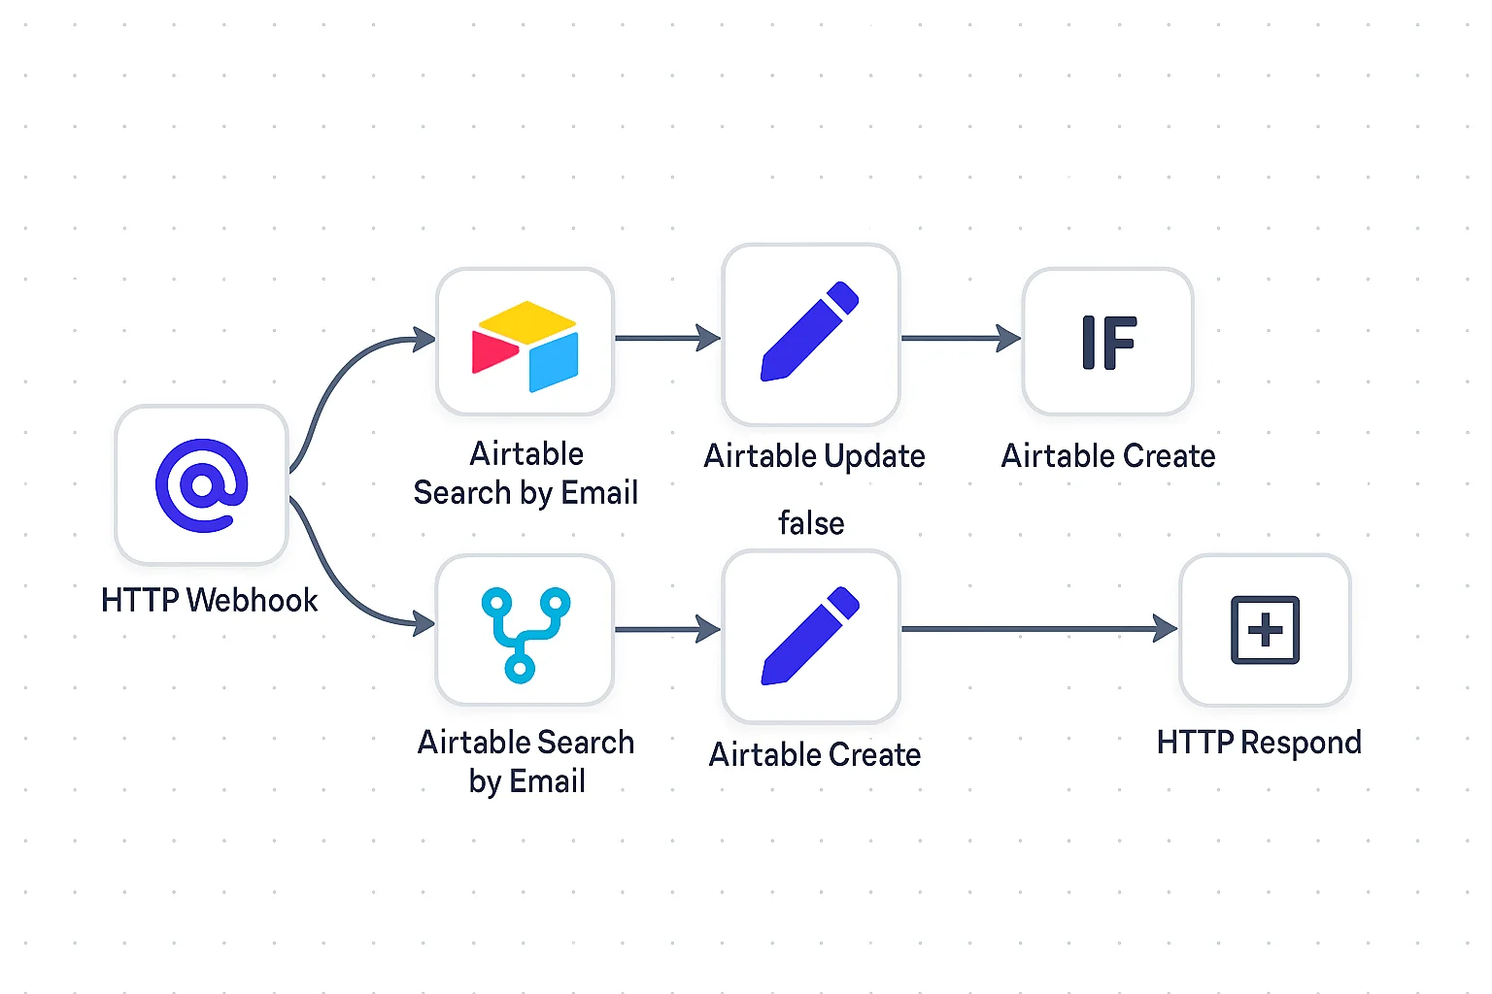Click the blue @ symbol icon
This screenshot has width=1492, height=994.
pyautogui.click(x=202, y=485)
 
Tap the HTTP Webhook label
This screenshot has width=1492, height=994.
pyautogui.click(x=209, y=600)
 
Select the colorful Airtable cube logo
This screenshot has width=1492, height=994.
pyautogui.click(x=526, y=346)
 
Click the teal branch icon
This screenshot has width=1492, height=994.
pyautogui.click(x=526, y=633)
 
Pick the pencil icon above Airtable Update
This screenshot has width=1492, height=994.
pyautogui.click(x=810, y=332)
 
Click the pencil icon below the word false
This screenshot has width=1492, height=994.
pyautogui.click(x=810, y=636)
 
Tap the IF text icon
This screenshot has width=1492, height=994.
pyautogui.click(x=1108, y=343)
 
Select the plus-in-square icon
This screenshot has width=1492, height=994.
pyautogui.click(x=1265, y=630)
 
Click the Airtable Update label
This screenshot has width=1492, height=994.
pyautogui.click(x=814, y=456)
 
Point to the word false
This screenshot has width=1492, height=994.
pyautogui.click(x=811, y=523)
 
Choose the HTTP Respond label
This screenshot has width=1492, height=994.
pyautogui.click(x=1259, y=743)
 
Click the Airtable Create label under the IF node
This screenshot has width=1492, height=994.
pyautogui.click(x=1108, y=456)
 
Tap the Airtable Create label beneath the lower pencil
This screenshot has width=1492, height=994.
pyautogui.click(x=815, y=754)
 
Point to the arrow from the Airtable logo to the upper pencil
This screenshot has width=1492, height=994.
pyautogui.click(x=667, y=338)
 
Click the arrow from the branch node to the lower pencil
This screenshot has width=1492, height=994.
pyautogui.click(x=667, y=630)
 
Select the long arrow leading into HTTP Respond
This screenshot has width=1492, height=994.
pyautogui.click(x=1039, y=629)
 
